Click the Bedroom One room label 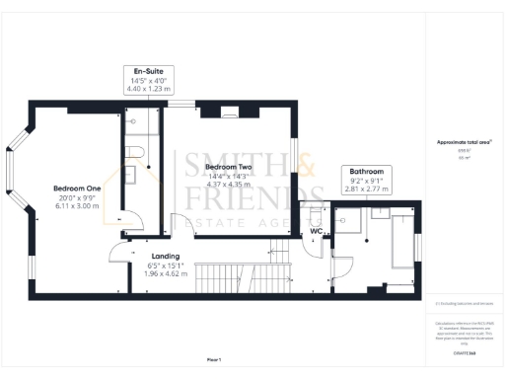pyautogui.click(x=78, y=188)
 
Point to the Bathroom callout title pyautogui.click(x=365, y=173)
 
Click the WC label pyautogui.click(x=318, y=233)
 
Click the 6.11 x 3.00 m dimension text pyautogui.click(x=78, y=206)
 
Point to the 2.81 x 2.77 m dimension pyautogui.click(x=365, y=190)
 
